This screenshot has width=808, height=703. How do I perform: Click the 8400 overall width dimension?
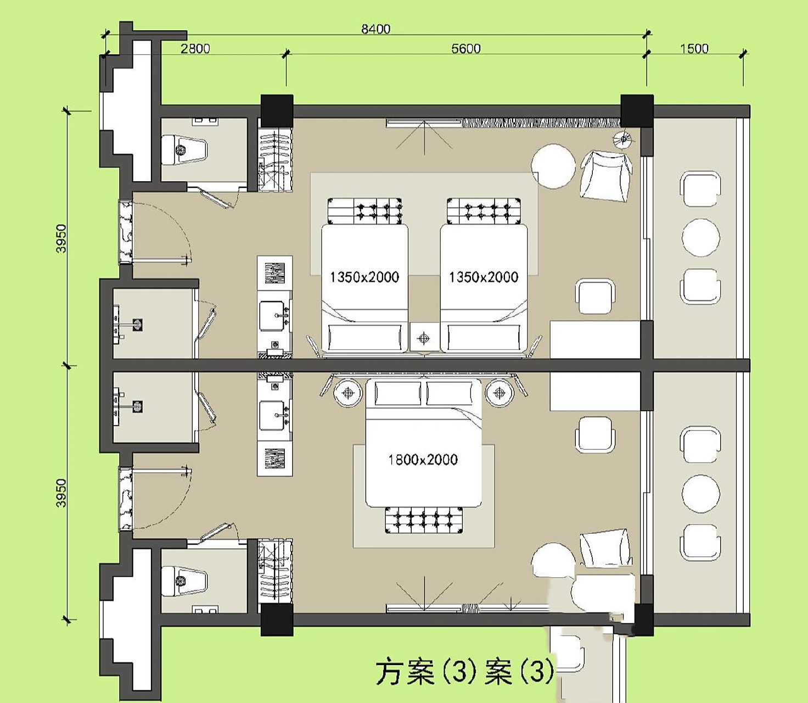coord(375,29)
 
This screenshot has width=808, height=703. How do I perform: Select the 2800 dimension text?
coord(195,48)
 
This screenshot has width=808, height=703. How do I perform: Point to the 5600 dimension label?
coord(465,48)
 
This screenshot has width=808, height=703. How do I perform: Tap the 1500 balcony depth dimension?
coord(694,48)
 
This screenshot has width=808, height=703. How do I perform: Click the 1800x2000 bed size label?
coord(423,459)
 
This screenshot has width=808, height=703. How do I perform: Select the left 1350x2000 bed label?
coord(364,277)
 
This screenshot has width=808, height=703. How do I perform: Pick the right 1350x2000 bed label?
coord(483,277)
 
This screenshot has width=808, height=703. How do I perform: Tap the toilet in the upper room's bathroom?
coord(184,149)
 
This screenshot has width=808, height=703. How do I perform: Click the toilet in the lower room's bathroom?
coord(184,580)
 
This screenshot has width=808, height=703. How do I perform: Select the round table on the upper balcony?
coord(700,237)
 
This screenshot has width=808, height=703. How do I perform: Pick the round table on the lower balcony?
coord(700,493)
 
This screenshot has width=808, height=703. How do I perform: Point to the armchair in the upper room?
coord(605,176)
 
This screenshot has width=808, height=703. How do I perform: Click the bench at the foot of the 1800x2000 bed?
coord(423,520)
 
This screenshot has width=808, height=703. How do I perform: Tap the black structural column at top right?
coord(637,110)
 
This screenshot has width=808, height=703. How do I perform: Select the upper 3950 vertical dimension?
coord(61,238)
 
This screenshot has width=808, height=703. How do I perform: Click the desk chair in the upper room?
coord(595,297)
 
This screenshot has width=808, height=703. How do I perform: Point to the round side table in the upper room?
coord(553,166)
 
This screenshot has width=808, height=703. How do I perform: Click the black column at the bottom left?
coord(276,620)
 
